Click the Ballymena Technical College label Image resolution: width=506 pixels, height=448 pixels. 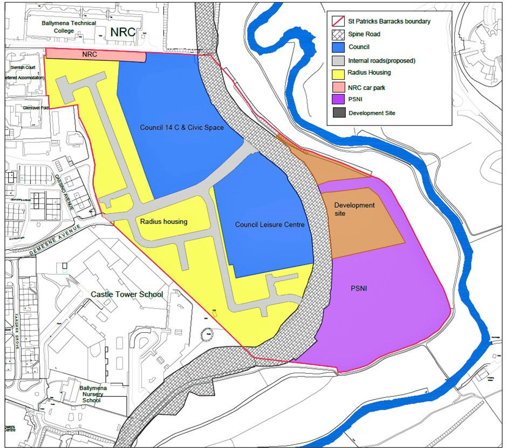[x=70, y=27]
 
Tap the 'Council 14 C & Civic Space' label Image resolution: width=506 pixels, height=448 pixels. [x=181, y=128]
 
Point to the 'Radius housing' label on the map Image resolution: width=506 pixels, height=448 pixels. [x=164, y=221]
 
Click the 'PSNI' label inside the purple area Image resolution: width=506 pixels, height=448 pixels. [x=359, y=288]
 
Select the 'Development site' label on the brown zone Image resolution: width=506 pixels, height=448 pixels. [x=354, y=209]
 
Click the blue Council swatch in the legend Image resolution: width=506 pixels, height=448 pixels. [x=337, y=47]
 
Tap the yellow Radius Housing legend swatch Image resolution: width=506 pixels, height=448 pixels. [x=337, y=73]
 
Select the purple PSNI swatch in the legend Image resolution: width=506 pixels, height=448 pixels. [x=337, y=100]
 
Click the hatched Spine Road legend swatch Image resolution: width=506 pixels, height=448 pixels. [x=337, y=34]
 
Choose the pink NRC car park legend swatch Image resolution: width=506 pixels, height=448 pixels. [x=337, y=86]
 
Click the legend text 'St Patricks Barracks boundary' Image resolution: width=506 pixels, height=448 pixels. [x=389, y=21]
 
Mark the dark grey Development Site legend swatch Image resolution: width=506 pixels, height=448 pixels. [x=337, y=113]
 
